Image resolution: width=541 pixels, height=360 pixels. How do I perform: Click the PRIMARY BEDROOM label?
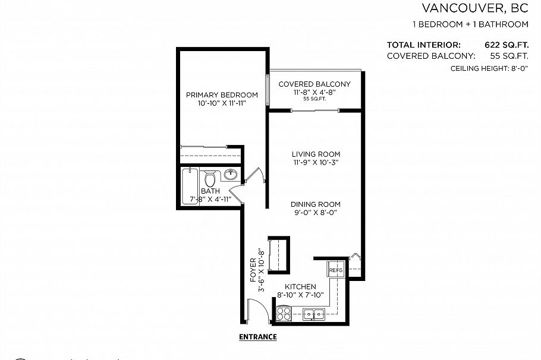tap(222, 95)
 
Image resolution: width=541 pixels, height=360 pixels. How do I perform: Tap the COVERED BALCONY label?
tap(314, 84)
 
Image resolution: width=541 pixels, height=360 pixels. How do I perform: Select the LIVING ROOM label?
tap(315, 154)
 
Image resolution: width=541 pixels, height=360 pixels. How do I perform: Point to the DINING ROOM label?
tap(315, 204)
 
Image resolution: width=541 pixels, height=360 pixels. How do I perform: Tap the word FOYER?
tap(253, 269)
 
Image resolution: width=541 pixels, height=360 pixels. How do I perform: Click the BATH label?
tap(210, 191)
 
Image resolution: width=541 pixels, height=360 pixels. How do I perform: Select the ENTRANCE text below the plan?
tap(257, 337)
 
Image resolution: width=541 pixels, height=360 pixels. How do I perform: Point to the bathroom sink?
tap(231, 175)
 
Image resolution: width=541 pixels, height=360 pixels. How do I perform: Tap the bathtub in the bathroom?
tap(191, 186)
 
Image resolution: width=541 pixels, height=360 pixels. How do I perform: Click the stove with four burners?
tap(284, 314)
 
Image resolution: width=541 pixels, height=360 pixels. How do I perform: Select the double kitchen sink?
tap(313, 314)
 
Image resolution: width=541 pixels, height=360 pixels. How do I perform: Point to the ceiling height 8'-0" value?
tap(517, 69)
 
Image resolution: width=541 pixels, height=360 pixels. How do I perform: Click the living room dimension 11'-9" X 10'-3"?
tap(315, 162)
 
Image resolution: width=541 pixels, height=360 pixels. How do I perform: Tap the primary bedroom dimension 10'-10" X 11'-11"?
tap(222, 103)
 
